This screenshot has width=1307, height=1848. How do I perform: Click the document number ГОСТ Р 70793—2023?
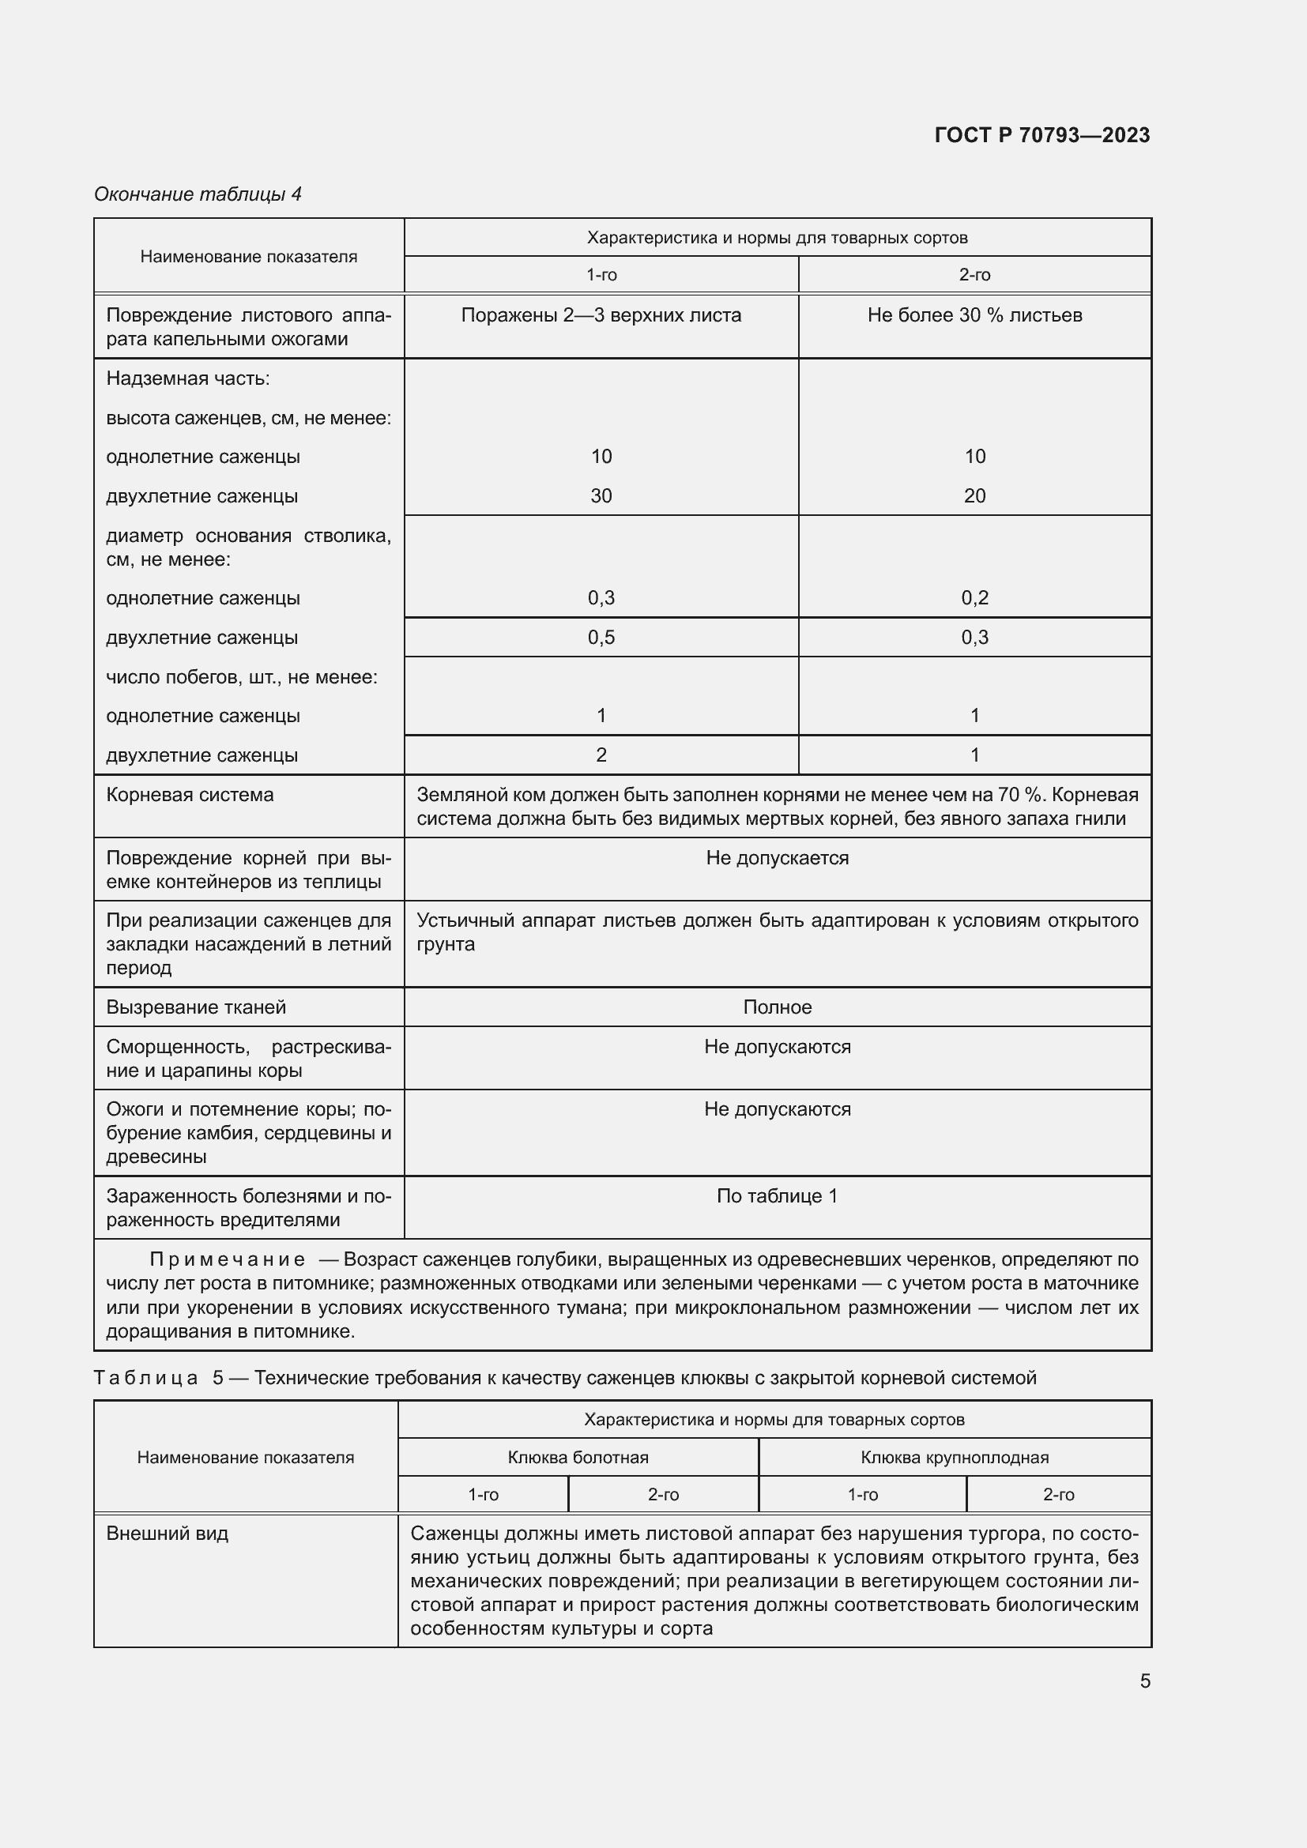[x=1041, y=135]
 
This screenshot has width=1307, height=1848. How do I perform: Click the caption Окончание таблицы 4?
[x=198, y=194]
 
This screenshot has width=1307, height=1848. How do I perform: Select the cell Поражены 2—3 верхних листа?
[x=601, y=315]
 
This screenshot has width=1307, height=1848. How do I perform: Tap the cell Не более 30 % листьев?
[x=974, y=315]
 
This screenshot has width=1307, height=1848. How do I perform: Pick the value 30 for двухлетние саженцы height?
[x=601, y=496]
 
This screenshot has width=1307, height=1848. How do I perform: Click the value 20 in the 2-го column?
[x=974, y=496]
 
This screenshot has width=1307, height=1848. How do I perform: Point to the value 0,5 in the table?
[x=601, y=638]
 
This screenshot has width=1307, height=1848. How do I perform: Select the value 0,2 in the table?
[x=974, y=598]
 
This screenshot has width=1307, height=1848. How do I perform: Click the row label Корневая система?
[x=190, y=796]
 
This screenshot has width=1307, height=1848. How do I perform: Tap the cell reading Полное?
[x=777, y=1007]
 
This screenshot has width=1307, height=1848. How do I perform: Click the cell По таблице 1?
[x=777, y=1196]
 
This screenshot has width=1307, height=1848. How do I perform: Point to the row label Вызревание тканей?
[x=195, y=1007]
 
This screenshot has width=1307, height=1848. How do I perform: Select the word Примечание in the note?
[x=227, y=1259]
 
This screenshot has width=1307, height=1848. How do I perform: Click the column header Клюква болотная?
[x=577, y=1457]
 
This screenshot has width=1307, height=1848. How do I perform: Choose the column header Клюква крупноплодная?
[x=954, y=1457]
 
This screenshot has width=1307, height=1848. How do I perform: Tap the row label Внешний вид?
[x=167, y=1534]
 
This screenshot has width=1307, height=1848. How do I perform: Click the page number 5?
[x=1144, y=1681]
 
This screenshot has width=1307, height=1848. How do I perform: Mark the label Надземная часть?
[x=187, y=378]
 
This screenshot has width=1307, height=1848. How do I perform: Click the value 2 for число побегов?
[x=601, y=755]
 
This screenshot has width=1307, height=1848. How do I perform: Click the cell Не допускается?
[x=777, y=858]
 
